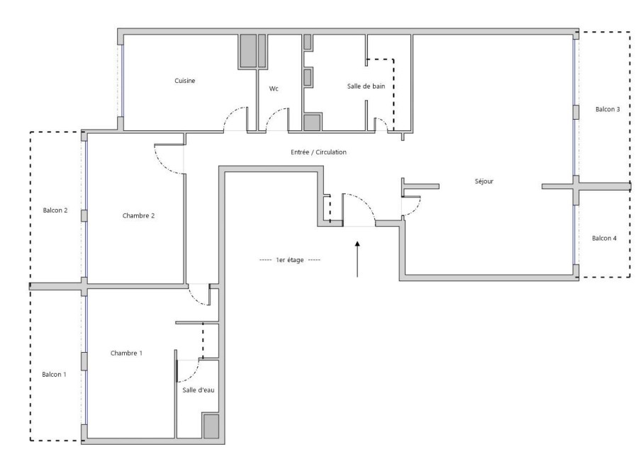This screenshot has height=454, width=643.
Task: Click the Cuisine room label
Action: click(184, 81)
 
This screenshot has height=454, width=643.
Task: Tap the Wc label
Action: click(274, 89)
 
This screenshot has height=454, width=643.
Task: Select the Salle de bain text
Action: click(366, 86)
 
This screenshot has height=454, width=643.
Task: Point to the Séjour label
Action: click(484, 181)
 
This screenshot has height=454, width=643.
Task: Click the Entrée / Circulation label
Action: click(318, 152)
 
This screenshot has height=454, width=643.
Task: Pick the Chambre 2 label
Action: click(138, 215)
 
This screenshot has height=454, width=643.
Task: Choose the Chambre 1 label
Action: click(126, 353)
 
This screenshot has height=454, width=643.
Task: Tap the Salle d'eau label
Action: click(198, 390)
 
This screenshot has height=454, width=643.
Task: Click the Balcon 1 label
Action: click(54, 374)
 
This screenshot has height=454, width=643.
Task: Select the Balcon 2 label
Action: click(55, 210)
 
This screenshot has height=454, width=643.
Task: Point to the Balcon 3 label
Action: click(608, 109)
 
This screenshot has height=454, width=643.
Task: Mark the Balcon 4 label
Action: click(604, 238)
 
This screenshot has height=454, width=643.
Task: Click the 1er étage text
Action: click(289, 260)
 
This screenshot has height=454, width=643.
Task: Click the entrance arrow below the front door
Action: click(357, 259)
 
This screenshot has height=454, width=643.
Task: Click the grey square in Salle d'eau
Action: click(211, 426)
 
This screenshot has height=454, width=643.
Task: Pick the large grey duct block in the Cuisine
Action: click(248, 51)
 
